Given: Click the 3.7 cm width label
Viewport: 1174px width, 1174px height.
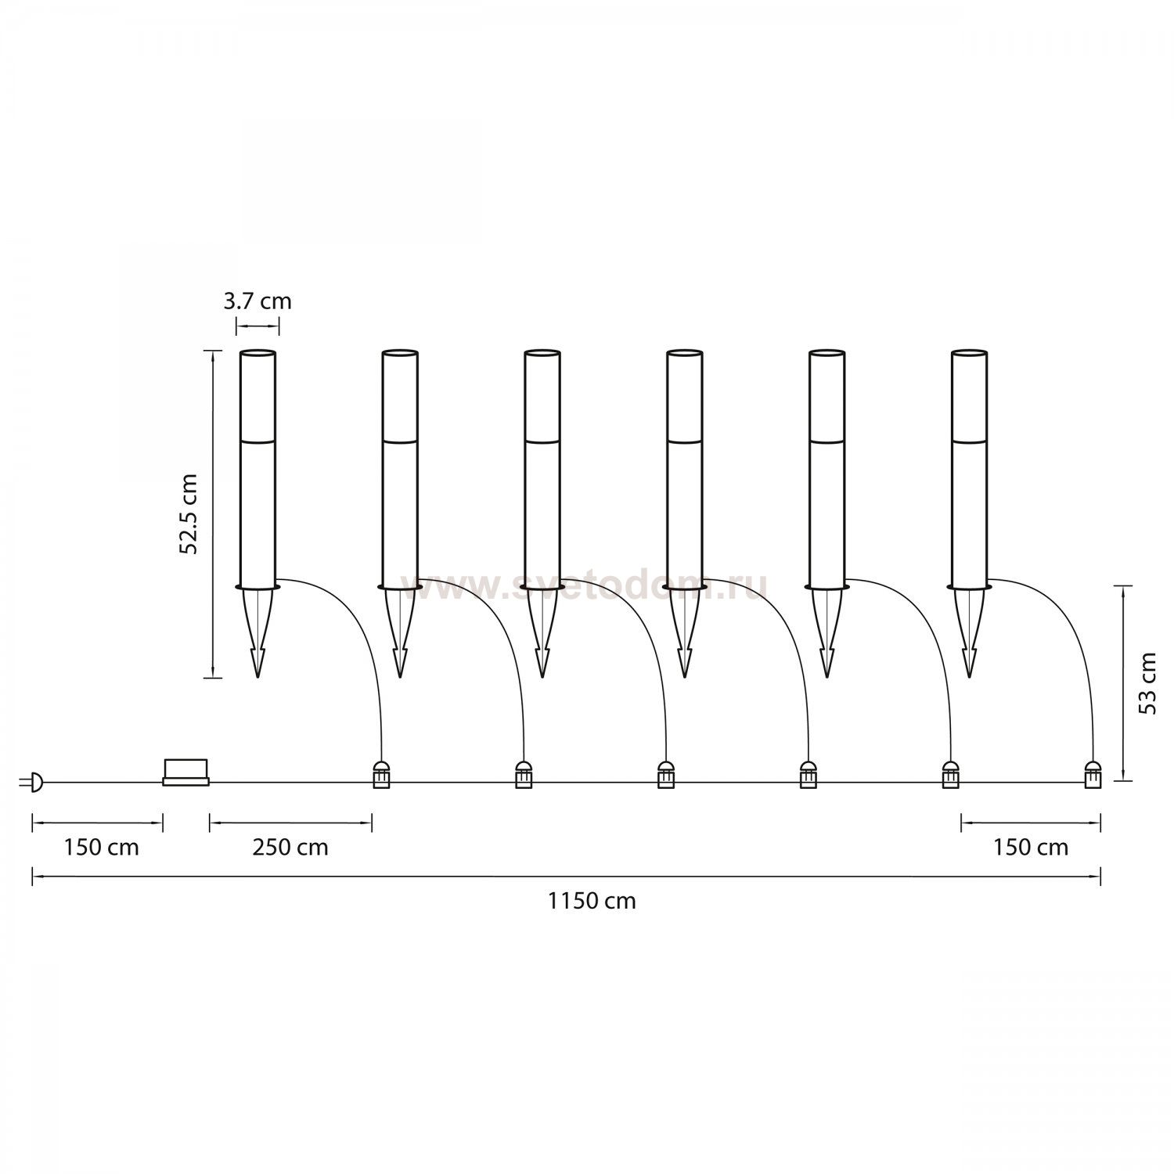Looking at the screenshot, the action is [x=257, y=301].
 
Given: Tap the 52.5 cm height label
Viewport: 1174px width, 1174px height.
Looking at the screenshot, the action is [x=189, y=513].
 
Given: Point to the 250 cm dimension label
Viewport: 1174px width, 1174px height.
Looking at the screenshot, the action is [x=290, y=847].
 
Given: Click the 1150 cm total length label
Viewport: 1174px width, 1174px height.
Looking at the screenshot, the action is [x=592, y=901].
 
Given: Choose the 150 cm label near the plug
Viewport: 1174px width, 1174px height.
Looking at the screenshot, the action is [x=102, y=847].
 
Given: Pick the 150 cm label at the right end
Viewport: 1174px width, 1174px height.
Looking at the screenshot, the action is [x=1031, y=847].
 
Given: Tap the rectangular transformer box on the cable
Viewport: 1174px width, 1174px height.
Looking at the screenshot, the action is [x=186, y=772].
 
